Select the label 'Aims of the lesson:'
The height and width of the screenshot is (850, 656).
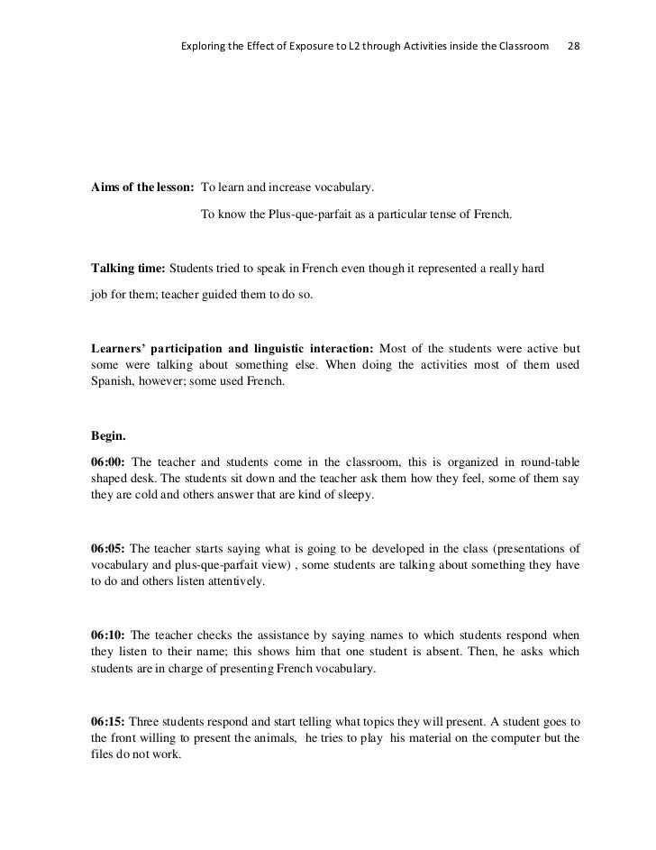click(x=142, y=188)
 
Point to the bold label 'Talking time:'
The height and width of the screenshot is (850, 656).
click(x=129, y=269)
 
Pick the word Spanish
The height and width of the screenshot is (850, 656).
click(x=113, y=381)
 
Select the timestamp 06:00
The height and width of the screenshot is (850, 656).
click(x=109, y=461)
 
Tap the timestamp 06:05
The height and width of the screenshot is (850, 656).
click(x=109, y=548)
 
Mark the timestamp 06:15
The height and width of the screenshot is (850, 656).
click(x=109, y=722)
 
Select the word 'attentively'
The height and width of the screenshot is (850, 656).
click(x=235, y=582)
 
